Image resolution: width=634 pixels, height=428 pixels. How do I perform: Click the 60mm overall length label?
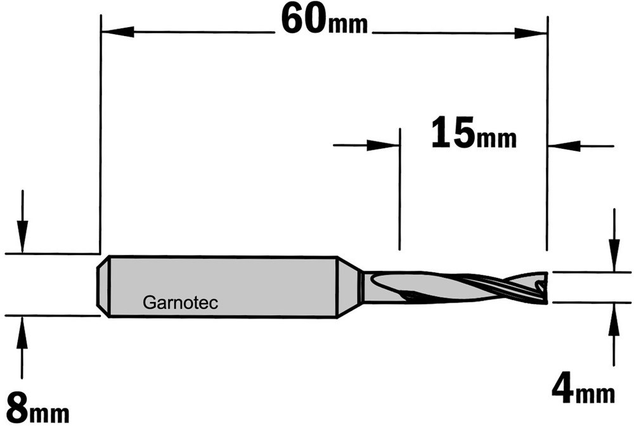325,20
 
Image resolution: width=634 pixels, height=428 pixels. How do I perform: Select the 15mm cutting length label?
474,132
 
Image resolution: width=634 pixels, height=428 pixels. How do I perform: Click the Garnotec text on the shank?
180,303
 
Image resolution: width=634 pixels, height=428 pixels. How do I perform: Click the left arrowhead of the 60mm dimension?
118,32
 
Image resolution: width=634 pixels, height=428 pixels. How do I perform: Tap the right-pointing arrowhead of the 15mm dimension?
383,145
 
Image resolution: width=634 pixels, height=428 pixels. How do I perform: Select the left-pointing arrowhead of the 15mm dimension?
564,146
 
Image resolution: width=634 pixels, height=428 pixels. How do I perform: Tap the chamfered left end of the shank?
103,286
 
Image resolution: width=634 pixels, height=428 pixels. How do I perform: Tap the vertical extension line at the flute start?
399,189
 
